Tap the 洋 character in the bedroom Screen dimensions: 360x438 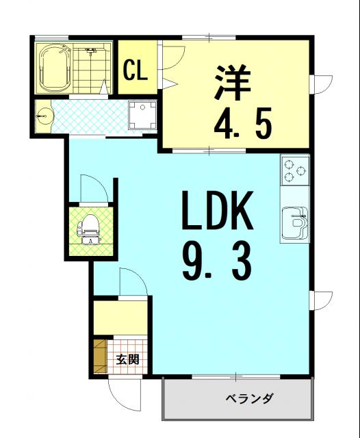click(233, 82)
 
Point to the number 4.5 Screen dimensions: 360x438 click(242, 123)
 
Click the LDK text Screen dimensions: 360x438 click(218, 210)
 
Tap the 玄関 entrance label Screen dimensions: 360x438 click(127, 359)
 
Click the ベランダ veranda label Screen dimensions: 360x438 click(248, 398)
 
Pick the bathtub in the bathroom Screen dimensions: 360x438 click(54, 68)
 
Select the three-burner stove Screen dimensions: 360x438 click(295, 170)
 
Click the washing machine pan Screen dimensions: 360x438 click(142, 115)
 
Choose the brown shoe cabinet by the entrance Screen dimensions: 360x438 click(101, 356)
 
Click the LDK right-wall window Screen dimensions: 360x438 click(321, 300)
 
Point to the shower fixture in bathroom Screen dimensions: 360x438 click(90, 51)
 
